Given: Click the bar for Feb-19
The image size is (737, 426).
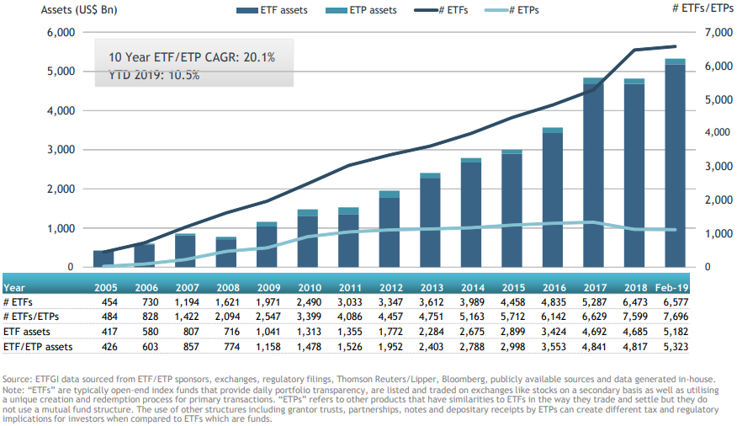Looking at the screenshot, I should coord(675,164).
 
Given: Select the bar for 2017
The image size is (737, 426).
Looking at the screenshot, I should coord(593,173).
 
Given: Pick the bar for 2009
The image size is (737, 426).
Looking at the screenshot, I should coord(267,245).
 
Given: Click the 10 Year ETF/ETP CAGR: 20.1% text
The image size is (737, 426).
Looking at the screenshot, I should coord(192,57).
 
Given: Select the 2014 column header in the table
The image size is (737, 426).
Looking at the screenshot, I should coord(471,287).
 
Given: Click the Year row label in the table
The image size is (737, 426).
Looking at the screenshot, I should coord(14,287).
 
